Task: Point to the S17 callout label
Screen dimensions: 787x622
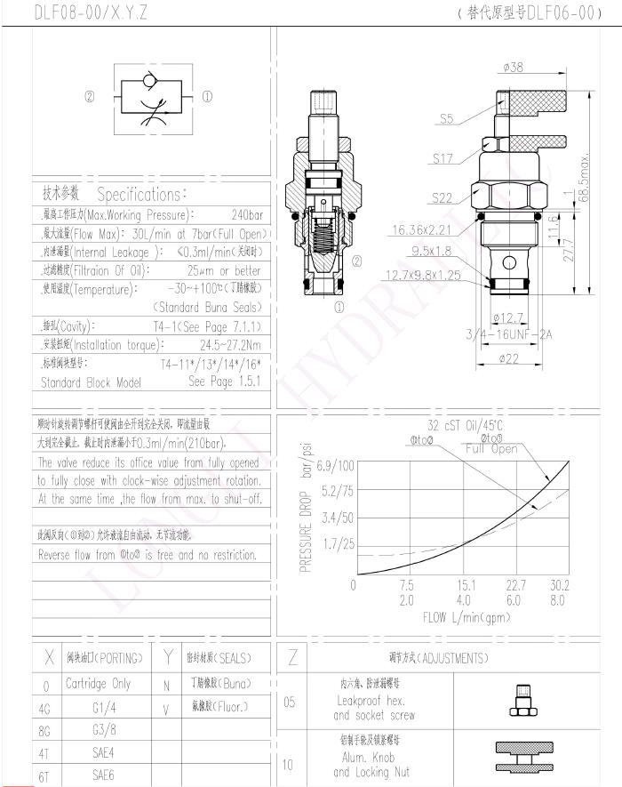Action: click(x=443, y=158)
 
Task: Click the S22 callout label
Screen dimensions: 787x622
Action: click(x=443, y=197)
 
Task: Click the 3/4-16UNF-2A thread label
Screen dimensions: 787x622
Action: click(x=510, y=334)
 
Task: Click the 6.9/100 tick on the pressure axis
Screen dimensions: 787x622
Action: click(x=335, y=465)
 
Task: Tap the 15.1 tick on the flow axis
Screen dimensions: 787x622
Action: click(x=466, y=585)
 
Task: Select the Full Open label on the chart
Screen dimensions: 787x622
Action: click(x=491, y=448)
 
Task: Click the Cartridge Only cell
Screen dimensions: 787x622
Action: click(x=98, y=684)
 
